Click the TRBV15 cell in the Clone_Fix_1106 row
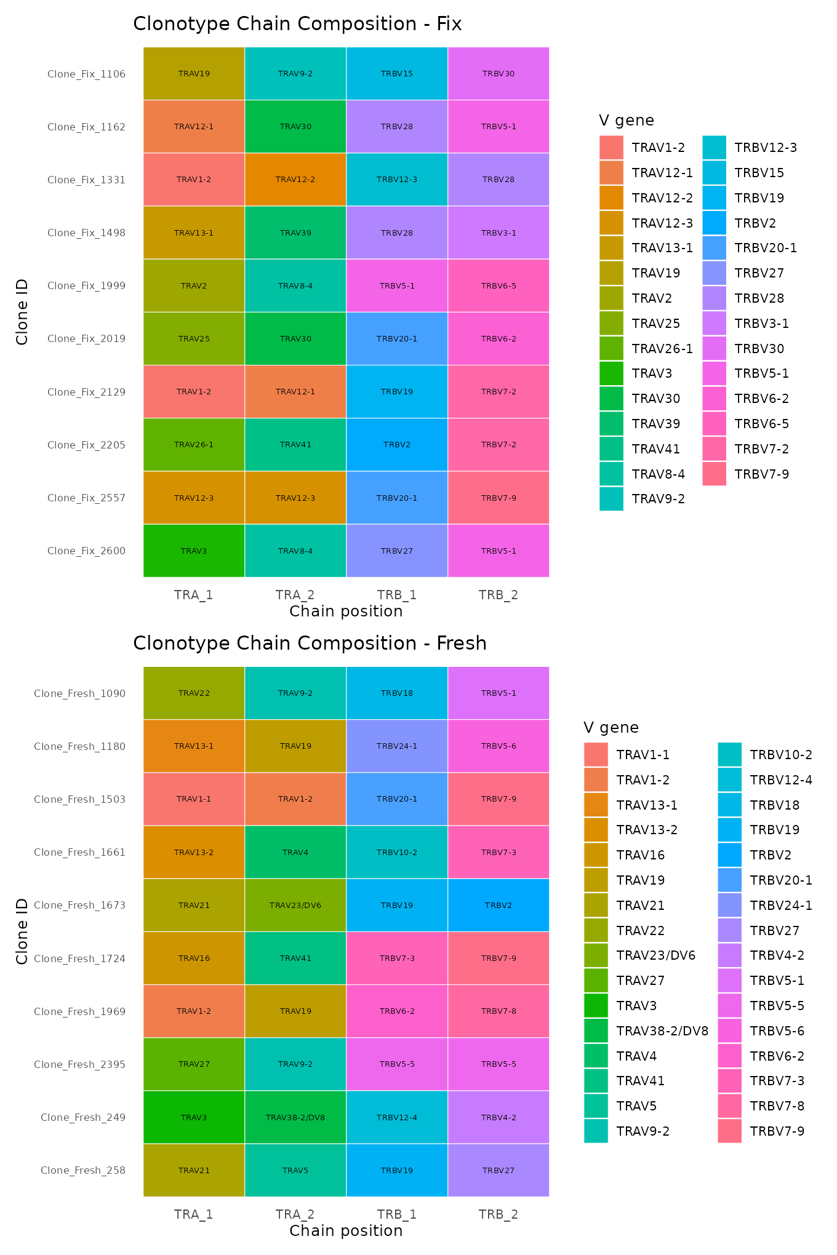[397, 74]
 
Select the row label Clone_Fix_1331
[86, 180]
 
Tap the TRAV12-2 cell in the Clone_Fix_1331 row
[295, 180]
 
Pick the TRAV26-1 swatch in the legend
[611, 349]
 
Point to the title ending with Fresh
[310, 643]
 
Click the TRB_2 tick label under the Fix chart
[499, 595]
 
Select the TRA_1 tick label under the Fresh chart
[193, 1214]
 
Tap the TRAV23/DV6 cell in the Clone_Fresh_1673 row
[295, 906]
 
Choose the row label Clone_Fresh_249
[83, 1118]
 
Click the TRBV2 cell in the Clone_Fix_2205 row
[397, 445]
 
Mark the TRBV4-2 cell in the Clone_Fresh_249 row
[499, 1118]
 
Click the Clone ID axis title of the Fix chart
[22, 313]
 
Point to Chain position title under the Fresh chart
[346, 1231]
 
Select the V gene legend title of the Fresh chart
[611, 728]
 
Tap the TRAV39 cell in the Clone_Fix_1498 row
[295, 233]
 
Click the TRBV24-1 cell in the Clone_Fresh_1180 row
[397, 746]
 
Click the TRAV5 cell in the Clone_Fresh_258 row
[295, 1171]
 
